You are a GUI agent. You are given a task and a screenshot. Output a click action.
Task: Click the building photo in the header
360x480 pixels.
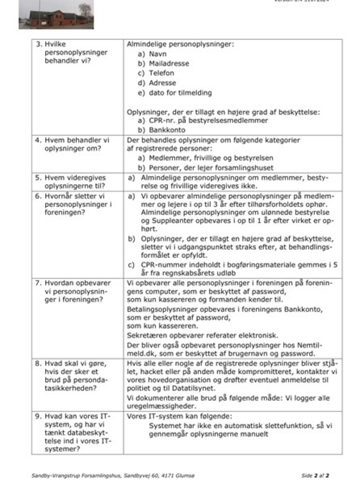tap(56, 14)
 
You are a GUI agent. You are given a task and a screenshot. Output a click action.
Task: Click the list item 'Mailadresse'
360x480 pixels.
tap(169, 63)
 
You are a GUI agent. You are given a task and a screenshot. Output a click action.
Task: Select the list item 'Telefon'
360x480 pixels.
tap(163, 73)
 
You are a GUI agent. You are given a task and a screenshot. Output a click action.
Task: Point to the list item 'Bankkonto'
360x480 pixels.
tap(167, 130)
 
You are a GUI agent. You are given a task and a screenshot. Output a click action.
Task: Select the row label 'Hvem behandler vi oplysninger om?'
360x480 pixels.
tap(77, 144)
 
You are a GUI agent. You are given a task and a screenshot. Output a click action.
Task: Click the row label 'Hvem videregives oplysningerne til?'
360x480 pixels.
tap(75, 181)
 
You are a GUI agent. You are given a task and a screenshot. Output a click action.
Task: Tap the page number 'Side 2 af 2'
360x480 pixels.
tap(315, 476)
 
